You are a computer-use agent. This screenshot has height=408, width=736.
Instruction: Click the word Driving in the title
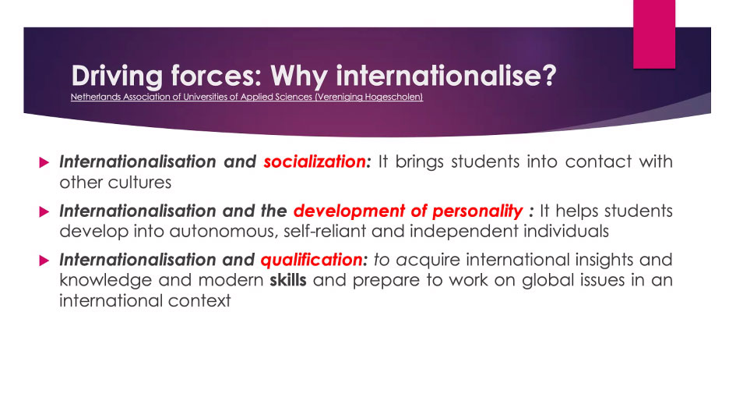coord(117,76)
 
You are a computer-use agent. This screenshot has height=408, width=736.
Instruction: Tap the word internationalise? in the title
coord(446,75)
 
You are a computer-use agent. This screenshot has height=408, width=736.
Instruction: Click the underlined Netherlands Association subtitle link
coord(247,97)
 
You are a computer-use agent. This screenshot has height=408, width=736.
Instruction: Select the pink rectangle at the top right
coord(654,34)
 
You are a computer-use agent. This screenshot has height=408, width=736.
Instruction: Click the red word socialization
coord(315,161)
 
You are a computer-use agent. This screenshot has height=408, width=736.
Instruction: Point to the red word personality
coord(477,211)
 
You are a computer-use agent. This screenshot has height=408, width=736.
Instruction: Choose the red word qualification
coord(312,260)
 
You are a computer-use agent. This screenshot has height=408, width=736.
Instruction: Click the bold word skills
coord(287,280)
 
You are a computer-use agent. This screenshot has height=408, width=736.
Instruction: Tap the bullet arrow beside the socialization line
coord(44,162)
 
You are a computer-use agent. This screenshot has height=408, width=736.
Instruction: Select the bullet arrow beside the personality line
coord(44,212)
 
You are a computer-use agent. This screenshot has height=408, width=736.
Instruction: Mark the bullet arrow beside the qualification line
coord(44,261)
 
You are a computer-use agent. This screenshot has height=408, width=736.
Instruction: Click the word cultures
coord(143,183)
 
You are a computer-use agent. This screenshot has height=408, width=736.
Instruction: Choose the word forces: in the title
coord(216,75)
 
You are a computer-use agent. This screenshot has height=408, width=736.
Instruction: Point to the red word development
coord(349,211)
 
